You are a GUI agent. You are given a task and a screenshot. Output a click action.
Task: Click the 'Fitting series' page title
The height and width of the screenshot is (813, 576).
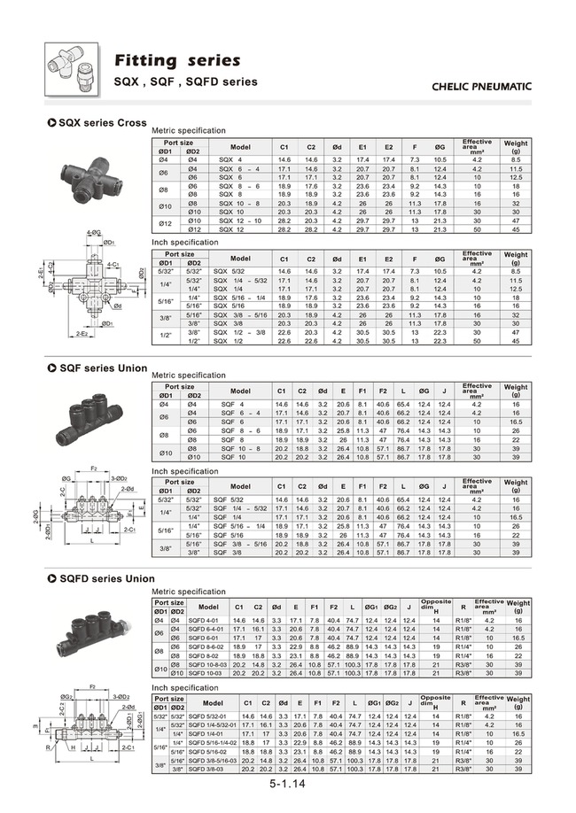click(176, 60)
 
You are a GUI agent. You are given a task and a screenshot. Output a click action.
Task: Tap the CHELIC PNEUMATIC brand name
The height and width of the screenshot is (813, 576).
click(480, 87)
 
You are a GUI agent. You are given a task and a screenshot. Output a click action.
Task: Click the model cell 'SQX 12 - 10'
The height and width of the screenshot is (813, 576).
click(240, 221)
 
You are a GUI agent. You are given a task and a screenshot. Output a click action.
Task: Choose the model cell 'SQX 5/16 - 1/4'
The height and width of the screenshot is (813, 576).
click(241, 298)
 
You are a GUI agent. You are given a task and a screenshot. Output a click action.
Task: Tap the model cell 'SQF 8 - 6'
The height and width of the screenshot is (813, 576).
click(240, 430)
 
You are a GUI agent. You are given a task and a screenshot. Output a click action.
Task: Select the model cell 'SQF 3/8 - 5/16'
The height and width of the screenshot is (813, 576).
click(241, 544)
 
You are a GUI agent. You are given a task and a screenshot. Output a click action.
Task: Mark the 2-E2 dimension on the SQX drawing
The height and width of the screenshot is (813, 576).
click(81, 334)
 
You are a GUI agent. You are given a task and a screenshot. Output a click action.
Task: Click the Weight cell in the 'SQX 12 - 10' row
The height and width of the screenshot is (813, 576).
click(516, 221)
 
